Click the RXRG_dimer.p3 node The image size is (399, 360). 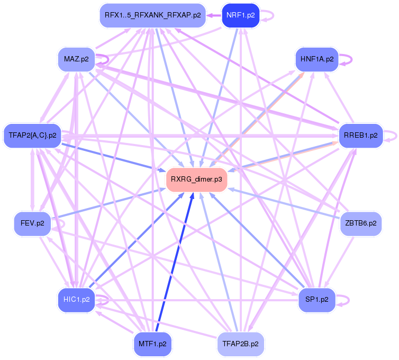tap(197, 180)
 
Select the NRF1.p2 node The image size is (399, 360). tap(241, 15)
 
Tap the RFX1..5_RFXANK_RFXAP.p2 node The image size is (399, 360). tap(152, 15)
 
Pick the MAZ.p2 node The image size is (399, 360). tap(76, 58)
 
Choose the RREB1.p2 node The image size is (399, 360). tap(360, 135)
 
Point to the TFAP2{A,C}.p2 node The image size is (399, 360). tap(32, 135)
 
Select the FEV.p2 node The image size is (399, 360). tap(32, 223)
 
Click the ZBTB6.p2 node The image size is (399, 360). tap(360, 223)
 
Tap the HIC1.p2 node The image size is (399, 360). tap(76, 300)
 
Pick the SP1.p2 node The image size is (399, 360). tap(316, 300)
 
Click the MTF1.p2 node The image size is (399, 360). tap(152, 344)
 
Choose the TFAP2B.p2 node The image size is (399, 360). tap(241, 344)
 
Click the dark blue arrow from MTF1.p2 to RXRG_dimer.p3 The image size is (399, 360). tap(174, 265)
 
